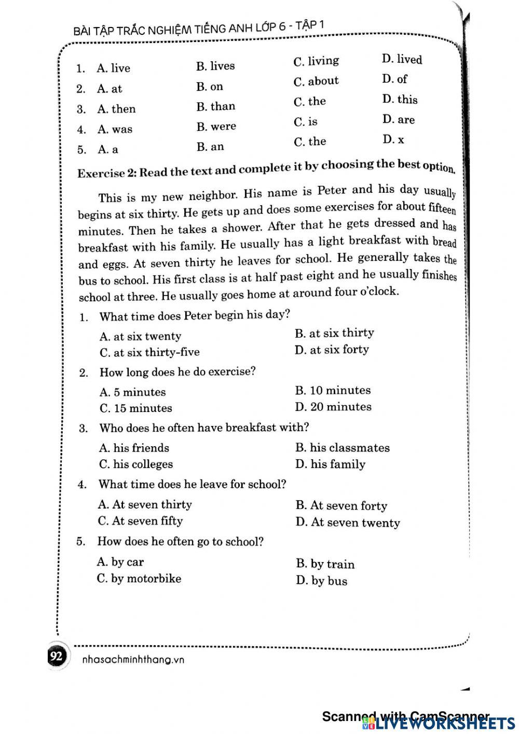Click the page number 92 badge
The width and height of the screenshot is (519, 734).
click(x=56, y=657)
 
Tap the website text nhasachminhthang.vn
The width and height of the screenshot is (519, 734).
click(x=133, y=660)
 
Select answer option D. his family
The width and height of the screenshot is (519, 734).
click(x=330, y=464)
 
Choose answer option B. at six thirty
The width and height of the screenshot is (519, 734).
click(x=334, y=333)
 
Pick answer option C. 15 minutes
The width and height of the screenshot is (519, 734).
click(x=135, y=408)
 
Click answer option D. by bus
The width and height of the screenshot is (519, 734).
click(x=321, y=581)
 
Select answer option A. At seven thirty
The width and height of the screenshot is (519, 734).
click(x=145, y=504)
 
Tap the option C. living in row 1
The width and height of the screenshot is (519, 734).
click(x=316, y=61)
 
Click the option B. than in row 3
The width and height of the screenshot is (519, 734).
click(x=215, y=106)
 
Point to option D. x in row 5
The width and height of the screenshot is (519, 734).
click(x=393, y=139)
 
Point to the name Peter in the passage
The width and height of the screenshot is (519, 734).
click(x=331, y=191)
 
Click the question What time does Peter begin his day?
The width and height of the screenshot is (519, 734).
click(x=194, y=315)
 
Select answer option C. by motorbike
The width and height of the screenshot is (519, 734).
click(x=139, y=578)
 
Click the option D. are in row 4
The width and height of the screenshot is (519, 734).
click(x=398, y=119)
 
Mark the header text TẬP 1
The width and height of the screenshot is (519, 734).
click(x=310, y=25)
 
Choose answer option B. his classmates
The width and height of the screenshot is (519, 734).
click(x=342, y=448)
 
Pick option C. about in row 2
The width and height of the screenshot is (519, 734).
click(x=316, y=82)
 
